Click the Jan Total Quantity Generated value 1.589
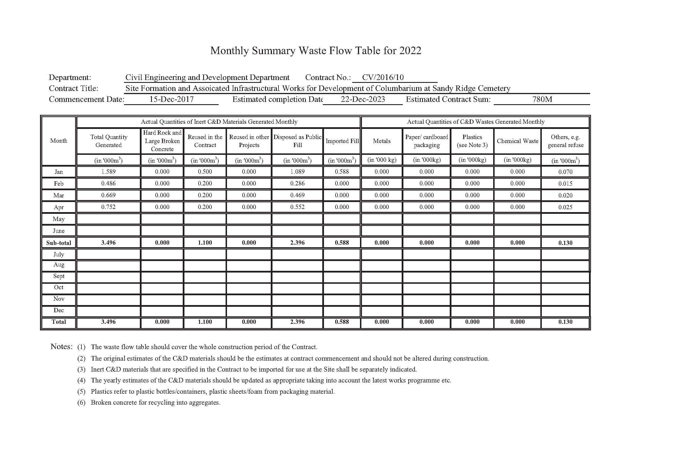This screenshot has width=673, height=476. (108, 172)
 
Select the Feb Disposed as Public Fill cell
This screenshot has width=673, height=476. (297, 184)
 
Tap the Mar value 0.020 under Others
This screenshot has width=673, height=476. (565, 195)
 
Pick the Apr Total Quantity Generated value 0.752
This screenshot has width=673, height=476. (108, 207)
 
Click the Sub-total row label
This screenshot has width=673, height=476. (59, 243)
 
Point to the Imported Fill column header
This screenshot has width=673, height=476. (342, 141)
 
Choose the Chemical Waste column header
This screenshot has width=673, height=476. (517, 141)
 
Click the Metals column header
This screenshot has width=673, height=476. (382, 141)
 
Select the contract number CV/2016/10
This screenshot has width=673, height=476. (383, 77)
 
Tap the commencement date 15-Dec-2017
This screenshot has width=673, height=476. (171, 99)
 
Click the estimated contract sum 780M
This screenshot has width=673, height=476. (542, 99)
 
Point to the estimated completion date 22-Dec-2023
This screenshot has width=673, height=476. (363, 99)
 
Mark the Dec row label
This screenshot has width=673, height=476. (59, 310)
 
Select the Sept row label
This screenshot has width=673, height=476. (59, 276)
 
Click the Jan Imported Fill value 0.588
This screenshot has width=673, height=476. (342, 172)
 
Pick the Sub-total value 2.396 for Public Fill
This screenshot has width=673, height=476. (297, 243)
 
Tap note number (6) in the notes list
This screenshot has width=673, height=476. (81, 402)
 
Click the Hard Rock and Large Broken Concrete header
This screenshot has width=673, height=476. (162, 141)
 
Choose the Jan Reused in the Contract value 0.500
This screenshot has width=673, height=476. (205, 172)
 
